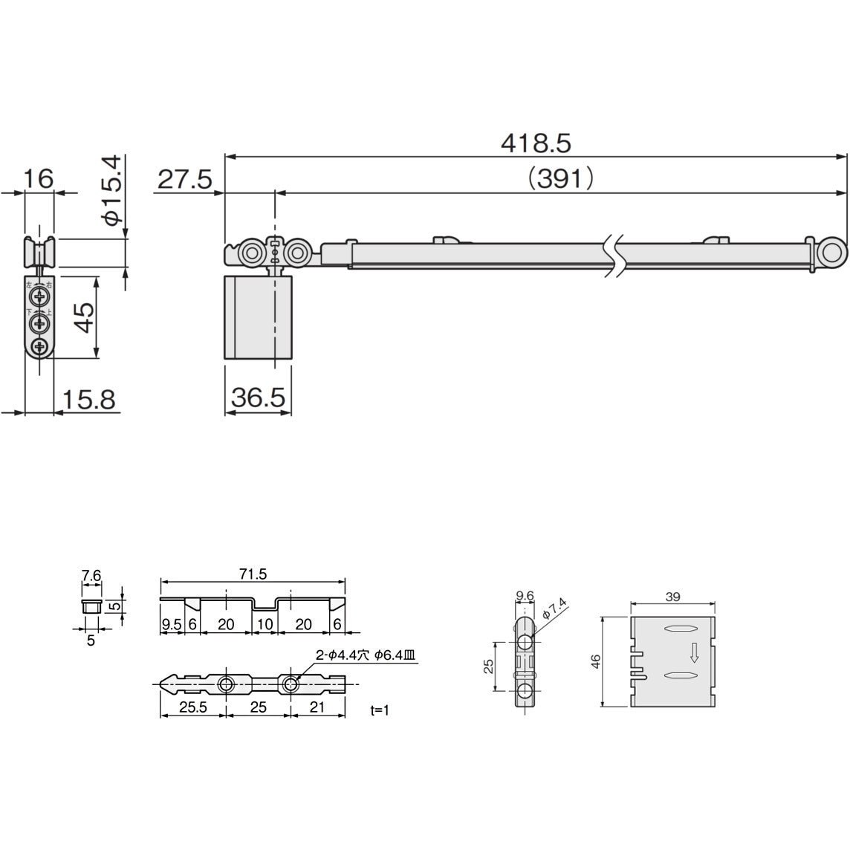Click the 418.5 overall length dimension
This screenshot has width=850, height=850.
pos(535,143)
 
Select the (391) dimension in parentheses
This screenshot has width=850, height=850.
pos(559,178)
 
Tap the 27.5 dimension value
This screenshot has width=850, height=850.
pos(184,180)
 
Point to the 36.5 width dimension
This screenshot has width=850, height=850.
pos(258,398)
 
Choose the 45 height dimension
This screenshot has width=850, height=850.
pos(85,317)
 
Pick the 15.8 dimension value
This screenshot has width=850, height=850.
pos(88,400)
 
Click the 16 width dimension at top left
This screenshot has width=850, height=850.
pos(38,179)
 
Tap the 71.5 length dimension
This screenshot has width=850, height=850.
pos(253,574)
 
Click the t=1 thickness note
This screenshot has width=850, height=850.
pos(380,710)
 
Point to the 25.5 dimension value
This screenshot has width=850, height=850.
pos(192,708)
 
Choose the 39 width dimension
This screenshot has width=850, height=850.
pos(673,597)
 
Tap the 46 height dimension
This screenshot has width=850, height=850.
pos(592,661)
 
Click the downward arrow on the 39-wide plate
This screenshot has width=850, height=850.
pos(694,653)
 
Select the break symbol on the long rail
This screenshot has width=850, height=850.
pos(614,255)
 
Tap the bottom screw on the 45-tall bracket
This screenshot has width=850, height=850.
pos(39,345)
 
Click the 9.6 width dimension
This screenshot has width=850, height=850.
pos(525,595)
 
